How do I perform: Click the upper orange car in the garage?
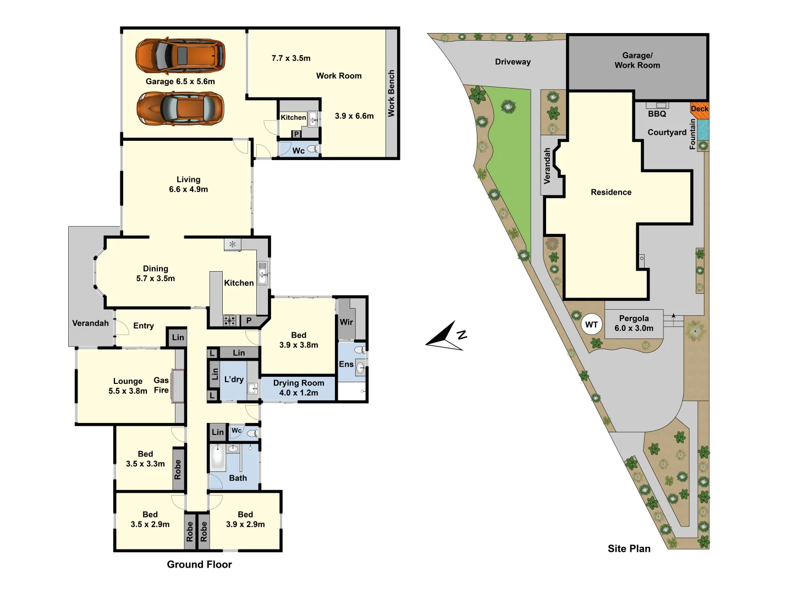pos(180,56)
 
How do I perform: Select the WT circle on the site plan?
pos(591,324)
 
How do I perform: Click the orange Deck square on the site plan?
pos(700,109)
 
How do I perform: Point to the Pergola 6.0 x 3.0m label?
pos(634,323)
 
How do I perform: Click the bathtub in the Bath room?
pos(218,458)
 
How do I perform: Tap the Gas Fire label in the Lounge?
pos(161,385)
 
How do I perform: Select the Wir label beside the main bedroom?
pos(346,322)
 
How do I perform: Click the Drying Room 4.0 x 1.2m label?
pos(299,388)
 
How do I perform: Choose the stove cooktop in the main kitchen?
pos(229,320)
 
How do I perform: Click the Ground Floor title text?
pos(199,564)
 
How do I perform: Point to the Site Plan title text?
pos(629,548)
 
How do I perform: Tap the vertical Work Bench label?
pos(392,93)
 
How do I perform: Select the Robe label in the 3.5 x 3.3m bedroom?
pos(178,470)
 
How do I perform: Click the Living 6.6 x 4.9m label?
pos(188,184)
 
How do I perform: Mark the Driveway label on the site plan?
pos(513,62)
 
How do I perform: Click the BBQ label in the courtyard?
pos(657,114)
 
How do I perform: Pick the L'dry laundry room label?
pos(234,380)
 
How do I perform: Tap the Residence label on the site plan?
pos(611,192)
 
